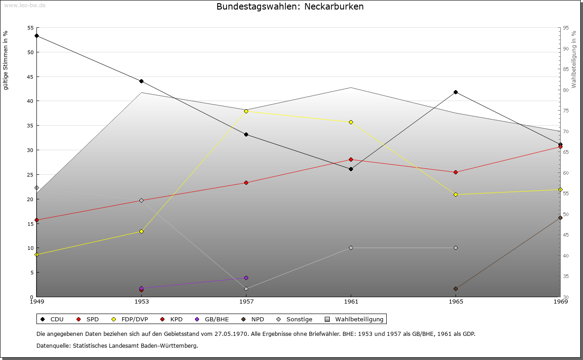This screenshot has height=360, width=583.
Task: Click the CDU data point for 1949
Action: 36,35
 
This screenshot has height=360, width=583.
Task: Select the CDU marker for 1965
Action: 455,92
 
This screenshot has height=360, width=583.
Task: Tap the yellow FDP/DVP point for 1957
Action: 246,111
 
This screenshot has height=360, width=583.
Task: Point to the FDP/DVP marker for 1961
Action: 351,122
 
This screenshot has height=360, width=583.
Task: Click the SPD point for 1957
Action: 246,183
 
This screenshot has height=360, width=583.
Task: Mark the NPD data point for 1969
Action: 560,218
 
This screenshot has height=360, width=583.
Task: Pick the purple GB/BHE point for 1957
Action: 246,278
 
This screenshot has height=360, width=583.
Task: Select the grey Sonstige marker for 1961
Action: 351,248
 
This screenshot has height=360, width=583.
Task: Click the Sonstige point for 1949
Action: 36,188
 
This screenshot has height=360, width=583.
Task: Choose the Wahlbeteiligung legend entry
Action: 355,319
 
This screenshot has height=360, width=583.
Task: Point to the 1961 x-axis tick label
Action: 351,301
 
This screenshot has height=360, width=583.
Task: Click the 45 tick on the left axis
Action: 30,76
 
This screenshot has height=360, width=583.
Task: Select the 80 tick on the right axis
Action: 566,90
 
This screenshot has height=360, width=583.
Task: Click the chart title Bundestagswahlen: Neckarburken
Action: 290,6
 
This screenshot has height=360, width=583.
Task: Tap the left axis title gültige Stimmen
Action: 5,60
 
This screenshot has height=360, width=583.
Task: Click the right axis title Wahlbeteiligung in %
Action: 574,60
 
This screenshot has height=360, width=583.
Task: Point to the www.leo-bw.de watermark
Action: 25,5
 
